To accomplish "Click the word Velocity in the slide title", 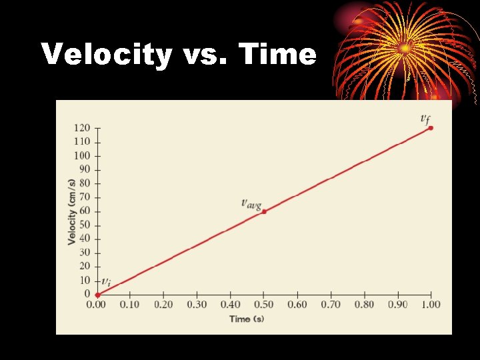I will coord(107,54).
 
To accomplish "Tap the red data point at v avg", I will coord(264,211).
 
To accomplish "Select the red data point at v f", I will coord(431,127).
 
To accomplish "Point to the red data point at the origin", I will coord(97,295).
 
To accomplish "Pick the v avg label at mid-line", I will coord(251,203).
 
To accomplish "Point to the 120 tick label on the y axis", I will coord(82,128).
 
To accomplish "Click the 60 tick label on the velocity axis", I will coord(85,211).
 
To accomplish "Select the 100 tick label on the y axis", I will coord(82,155).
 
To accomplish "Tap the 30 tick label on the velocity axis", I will coord(85,253).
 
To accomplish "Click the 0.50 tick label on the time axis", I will coord(264,305).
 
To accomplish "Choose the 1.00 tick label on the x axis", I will coord(431,305).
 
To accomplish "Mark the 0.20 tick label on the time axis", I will coord(163,305).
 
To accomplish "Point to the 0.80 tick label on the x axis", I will coord(364,305).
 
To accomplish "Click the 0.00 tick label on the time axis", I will coord(97,305).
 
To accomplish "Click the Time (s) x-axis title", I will coord(247,319).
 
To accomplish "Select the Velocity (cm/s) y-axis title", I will coord(71,211).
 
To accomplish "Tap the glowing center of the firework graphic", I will coord(405,48).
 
